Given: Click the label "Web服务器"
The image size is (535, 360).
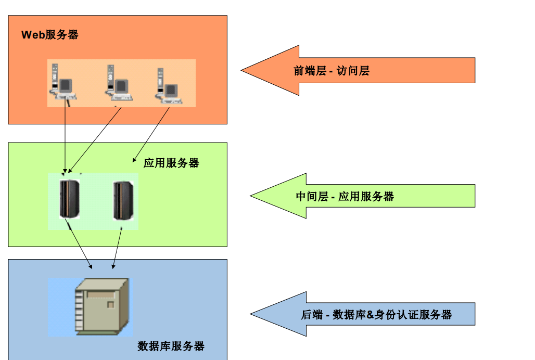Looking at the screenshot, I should point(50,35).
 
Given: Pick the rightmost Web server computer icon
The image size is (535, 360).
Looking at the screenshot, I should point(168,84).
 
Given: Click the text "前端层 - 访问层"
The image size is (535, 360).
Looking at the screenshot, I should point(332,71).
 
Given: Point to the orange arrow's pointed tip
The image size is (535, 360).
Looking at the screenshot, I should point(243,70).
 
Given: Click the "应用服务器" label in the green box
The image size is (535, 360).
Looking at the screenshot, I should point(171,163).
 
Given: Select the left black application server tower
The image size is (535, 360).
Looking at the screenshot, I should point(69,199).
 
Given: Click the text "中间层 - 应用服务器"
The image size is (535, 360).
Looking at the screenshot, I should point(345,196).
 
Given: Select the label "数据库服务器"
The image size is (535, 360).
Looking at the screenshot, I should point(171,346).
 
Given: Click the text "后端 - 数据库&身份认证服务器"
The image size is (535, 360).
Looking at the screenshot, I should point(376,314).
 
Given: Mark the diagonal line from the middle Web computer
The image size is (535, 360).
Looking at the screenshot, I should point(96,138).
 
